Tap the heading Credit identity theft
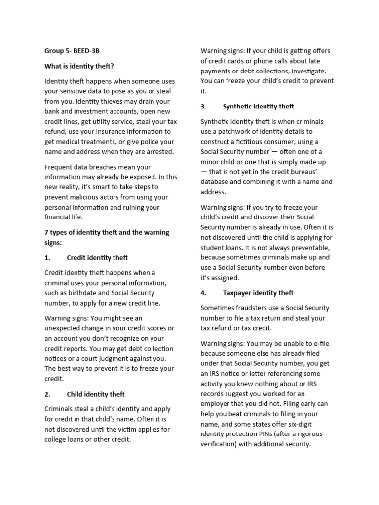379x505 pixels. (97, 258)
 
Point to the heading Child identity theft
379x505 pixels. (96, 394)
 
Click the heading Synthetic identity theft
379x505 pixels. (258, 107)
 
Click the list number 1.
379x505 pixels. (47, 258)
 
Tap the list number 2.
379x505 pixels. (47, 394)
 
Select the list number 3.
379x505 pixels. (203, 107)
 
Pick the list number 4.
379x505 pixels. (203, 293)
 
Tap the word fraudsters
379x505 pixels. (255, 308)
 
